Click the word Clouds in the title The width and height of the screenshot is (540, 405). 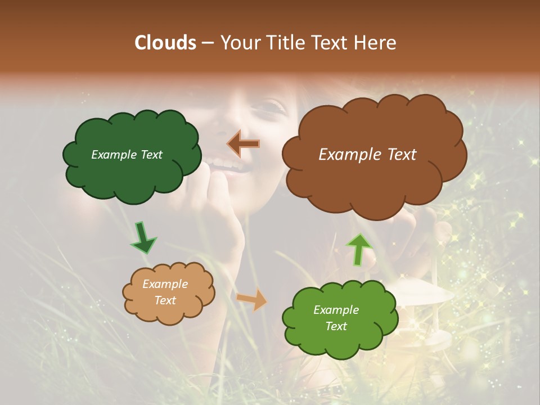tap(165, 42)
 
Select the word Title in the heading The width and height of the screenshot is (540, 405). tap(285, 42)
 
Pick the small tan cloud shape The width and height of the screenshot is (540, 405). tap(169, 312)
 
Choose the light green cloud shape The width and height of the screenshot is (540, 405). tap(337, 337)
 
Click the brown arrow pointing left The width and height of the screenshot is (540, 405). tap(244, 144)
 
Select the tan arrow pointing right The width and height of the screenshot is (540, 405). tap(252, 299)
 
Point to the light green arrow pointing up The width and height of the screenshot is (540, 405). tap(359, 249)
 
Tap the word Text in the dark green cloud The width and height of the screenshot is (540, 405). tap(151, 155)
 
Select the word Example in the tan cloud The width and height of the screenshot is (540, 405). tap(165, 284)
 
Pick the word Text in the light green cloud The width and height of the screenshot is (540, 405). tap(336, 326)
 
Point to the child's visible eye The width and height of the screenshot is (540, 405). tap(274, 106)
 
